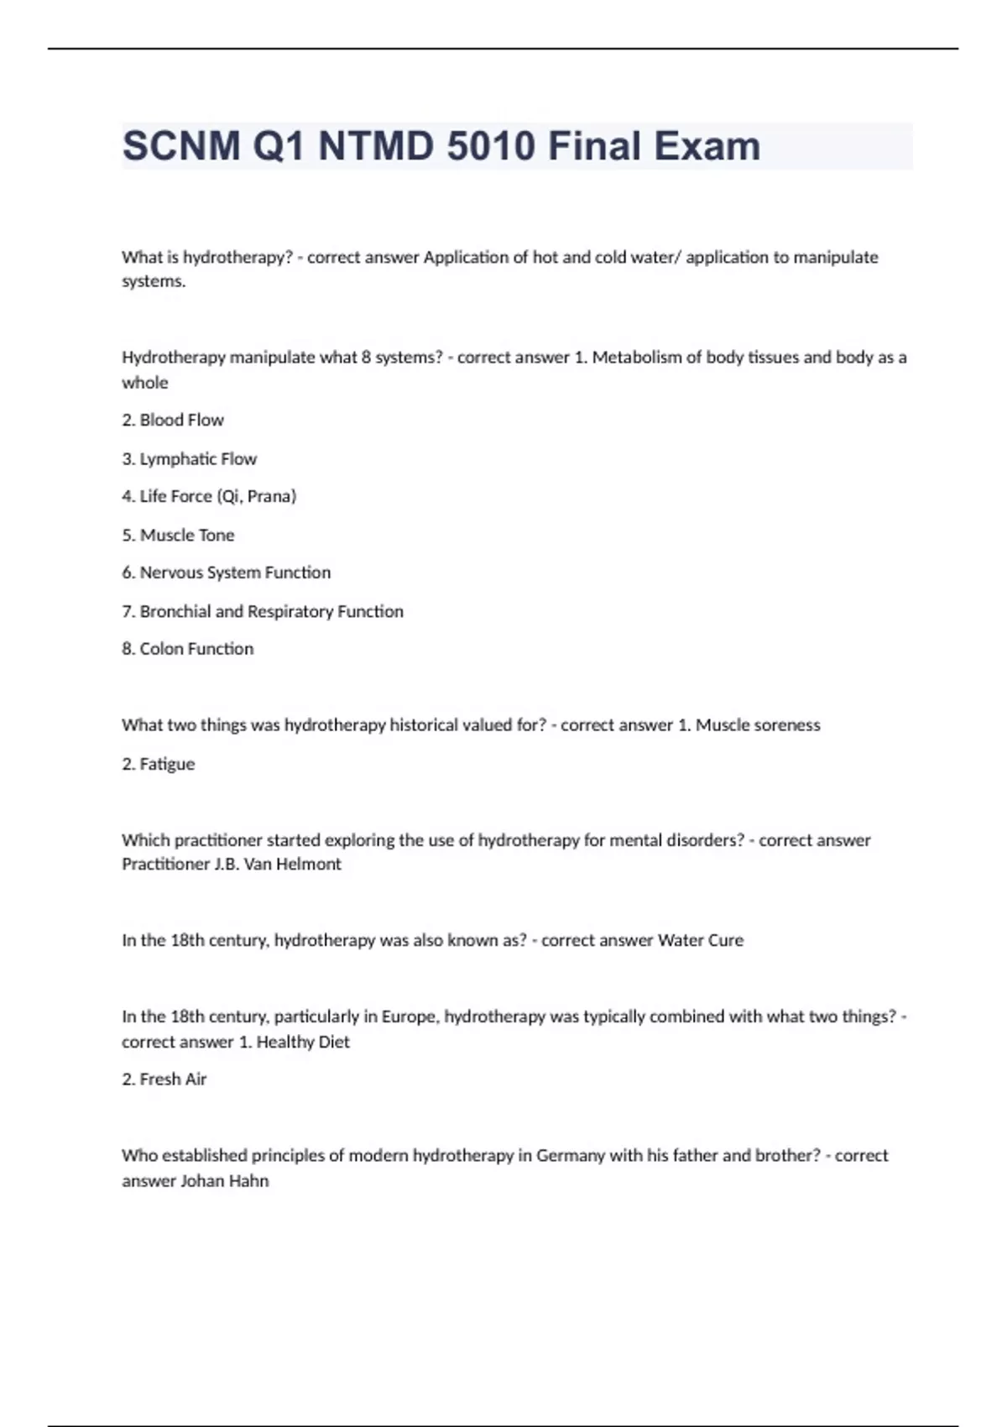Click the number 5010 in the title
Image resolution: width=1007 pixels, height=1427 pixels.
point(491,146)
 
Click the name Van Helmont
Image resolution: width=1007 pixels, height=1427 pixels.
point(292,864)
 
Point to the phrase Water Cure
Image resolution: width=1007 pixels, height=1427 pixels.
point(701,940)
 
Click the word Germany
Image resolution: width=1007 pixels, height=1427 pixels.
point(571,1155)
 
